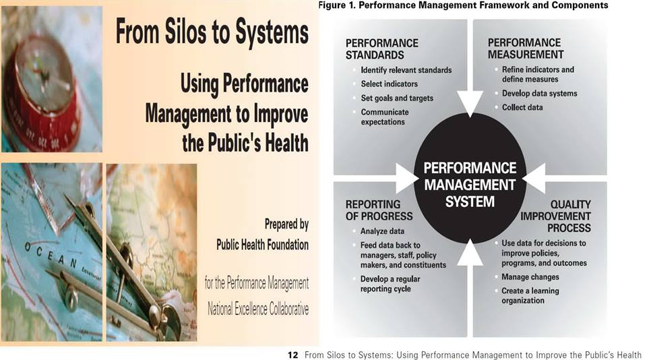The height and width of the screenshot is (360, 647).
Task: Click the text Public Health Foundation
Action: (x=262, y=245)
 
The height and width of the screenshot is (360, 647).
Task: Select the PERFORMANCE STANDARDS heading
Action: (x=381, y=49)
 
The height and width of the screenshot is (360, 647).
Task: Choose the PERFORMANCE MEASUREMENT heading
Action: (x=525, y=49)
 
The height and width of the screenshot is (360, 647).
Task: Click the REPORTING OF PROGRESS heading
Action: (x=379, y=210)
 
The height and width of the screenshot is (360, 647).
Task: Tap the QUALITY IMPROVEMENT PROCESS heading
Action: (x=555, y=216)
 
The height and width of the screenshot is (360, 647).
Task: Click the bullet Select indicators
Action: (x=389, y=84)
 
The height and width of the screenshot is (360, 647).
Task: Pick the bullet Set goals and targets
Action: (x=397, y=98)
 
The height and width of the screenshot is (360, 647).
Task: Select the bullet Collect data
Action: (x=522, y=107)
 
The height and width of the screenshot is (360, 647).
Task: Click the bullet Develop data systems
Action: (x=539, y=93)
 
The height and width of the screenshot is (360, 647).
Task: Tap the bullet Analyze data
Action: (x=382, y=231)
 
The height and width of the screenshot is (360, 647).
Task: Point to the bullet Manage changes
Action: (x=530, y=277)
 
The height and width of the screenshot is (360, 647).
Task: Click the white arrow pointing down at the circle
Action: (x=470, y=102)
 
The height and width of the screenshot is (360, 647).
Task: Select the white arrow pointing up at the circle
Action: (x=470, y=253)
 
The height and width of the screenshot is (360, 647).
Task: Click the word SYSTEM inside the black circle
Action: (x=470, y=202)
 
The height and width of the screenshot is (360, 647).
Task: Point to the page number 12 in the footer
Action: (x=292, y=355)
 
